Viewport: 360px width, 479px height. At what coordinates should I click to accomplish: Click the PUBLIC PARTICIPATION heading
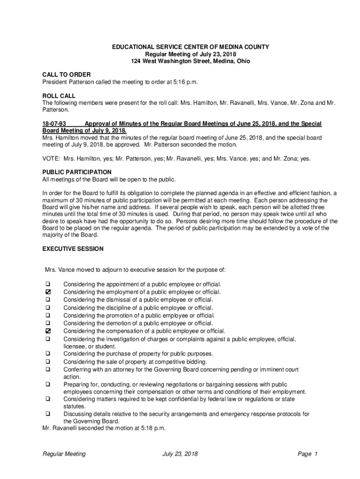point(77,172)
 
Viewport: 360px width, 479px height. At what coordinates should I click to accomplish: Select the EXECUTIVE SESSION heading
point(73,249)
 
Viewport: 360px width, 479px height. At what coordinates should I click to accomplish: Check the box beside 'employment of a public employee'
point(48,292)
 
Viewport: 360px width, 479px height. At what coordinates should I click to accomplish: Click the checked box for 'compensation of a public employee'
point(48,331)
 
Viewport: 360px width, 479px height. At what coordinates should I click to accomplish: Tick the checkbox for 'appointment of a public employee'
point(48,284)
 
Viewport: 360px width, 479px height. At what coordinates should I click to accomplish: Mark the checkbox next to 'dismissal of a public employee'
point(48,300)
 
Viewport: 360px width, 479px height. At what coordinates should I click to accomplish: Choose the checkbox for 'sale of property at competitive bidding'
point(48,362)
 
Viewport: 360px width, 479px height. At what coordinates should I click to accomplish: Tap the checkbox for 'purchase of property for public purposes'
point(48,354)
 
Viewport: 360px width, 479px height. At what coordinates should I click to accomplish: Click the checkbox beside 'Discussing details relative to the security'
point(48,414)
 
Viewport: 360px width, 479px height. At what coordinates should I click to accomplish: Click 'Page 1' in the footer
point(307,454)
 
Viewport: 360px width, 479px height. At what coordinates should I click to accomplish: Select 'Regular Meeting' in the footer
point(64,454)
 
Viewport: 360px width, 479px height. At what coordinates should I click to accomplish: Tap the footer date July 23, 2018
point(180,454)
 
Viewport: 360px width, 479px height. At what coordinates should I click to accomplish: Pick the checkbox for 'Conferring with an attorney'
point(48,370)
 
